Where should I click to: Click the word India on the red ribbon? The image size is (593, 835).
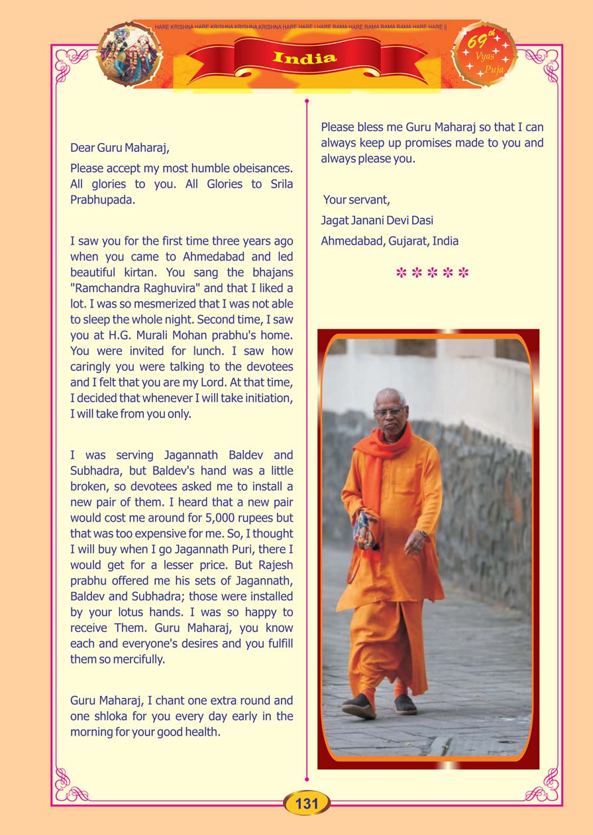pos(305,58)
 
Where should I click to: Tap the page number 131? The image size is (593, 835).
pos(307,803)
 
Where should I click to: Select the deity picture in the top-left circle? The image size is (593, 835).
pos(129,54)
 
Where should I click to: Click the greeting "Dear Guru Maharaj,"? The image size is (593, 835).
pos(125,148)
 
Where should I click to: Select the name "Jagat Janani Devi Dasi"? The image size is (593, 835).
pos(377,220)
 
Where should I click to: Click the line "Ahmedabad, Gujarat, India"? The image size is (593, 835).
pos(390,241)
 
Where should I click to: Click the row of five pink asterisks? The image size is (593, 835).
pos(432,273)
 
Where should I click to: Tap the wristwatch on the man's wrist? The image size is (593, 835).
pos(421,534)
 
